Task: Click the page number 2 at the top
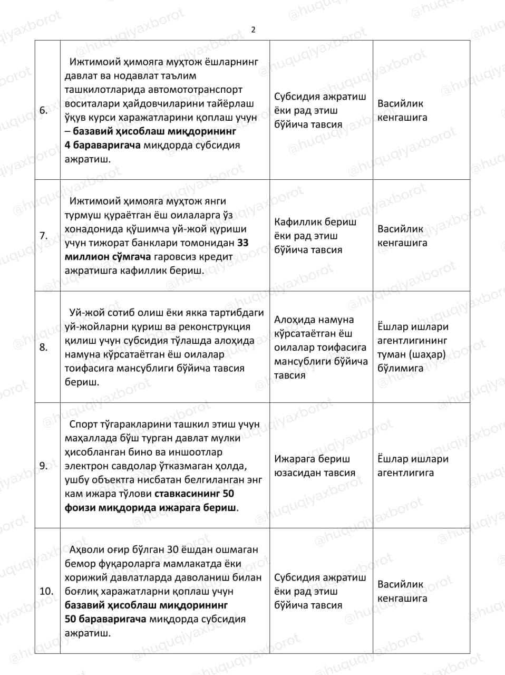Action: click(253, 30)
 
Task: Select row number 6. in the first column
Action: click(44, 110)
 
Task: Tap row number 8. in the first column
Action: click(44, 347)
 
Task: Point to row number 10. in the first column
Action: click(46, 591)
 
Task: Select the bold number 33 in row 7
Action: click(243, 243)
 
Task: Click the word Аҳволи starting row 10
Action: click(86, 549)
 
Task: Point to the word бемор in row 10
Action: click(80, 564)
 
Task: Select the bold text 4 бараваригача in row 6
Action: click(102, 145)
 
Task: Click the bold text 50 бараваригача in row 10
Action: click(105, 619)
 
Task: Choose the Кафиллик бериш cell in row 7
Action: click(315, 222)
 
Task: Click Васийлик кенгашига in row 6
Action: click(402, 111)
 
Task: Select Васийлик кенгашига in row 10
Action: click(402, 591)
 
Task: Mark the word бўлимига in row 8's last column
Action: click(400, 368)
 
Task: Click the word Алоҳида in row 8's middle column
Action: click(295, 320)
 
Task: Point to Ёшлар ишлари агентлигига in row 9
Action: click(413, 466)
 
